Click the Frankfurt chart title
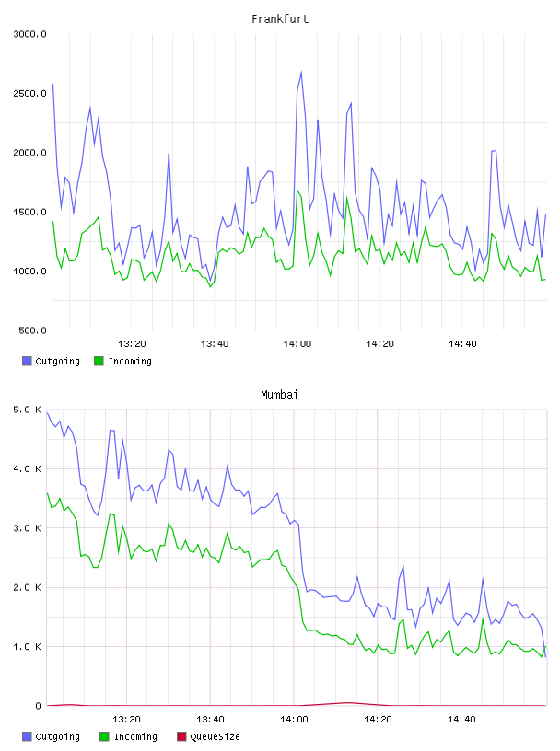point(280,19)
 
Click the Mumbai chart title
point(279,395)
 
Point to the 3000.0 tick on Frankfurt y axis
point(30,34)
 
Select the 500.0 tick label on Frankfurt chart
point(32,330)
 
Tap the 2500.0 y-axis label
point(30,93)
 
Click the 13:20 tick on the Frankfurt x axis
point(132,344)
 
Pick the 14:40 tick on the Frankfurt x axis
point(462,344)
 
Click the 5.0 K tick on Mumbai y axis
point(28,410)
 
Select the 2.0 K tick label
point(28,588)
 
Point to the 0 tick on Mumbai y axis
point(39,706)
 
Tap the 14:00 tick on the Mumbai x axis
point(294,720)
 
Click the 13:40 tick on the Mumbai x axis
point(211,720)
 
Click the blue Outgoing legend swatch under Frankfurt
point(27,361)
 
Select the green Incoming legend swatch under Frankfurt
point(99,361)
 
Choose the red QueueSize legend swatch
point(181,736)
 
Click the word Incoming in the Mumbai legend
point(135,737)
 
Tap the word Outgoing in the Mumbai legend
point(57,737)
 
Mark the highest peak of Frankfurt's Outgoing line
point(301,72)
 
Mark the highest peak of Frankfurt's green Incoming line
point(297,190)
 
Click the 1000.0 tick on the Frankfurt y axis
point(30,272)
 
